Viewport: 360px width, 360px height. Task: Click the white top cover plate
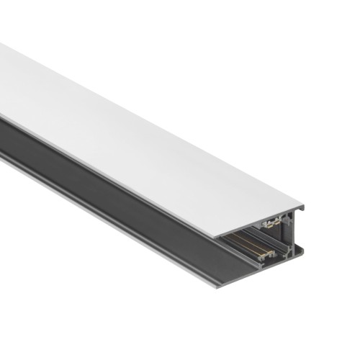144,130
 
